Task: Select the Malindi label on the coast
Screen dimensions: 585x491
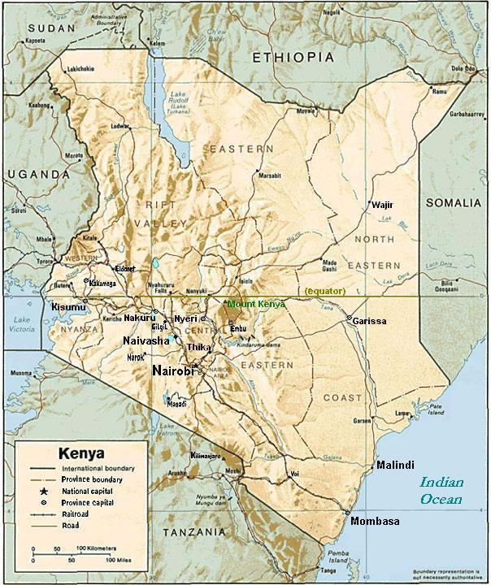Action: (x=395, y=465)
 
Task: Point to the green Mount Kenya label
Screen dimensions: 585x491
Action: (x=256, y=304)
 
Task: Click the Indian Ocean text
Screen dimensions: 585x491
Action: (x=441, y=491)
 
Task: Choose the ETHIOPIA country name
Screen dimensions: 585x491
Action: (x=293, y=57)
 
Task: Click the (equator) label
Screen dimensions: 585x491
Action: (x=325, y=291)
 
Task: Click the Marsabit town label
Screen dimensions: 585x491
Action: (x=269, y=175)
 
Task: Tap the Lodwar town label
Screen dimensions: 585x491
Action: (x=120, y=127)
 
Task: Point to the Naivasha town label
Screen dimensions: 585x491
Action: (x=146, y=340)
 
